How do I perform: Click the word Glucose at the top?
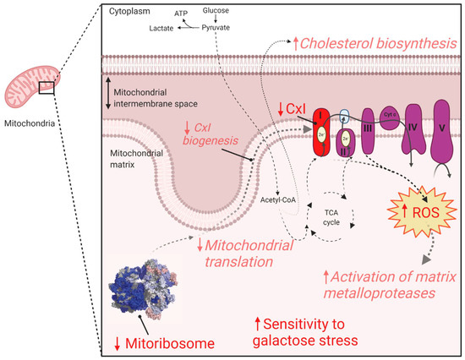pos(214,10)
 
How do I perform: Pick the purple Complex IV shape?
pos(415,131)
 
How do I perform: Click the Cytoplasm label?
pos(128,11)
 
